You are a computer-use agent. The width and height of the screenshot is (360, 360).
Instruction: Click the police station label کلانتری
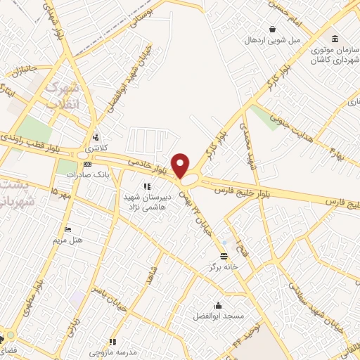click(94, 148)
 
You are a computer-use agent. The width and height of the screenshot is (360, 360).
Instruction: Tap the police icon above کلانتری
click(94, 138)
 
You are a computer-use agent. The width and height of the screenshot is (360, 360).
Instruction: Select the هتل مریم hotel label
click(68, 240)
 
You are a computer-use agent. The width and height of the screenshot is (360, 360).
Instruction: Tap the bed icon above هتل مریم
click(67, 230)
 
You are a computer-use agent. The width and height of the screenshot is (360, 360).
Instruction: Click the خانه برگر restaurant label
click(219, 267)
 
